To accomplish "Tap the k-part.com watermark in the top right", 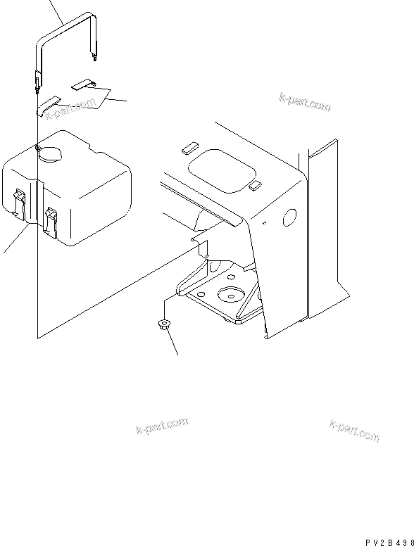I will coord(305,103).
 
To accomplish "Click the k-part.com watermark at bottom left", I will coord(162,426).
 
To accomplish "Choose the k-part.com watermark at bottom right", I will coord(354,431).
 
